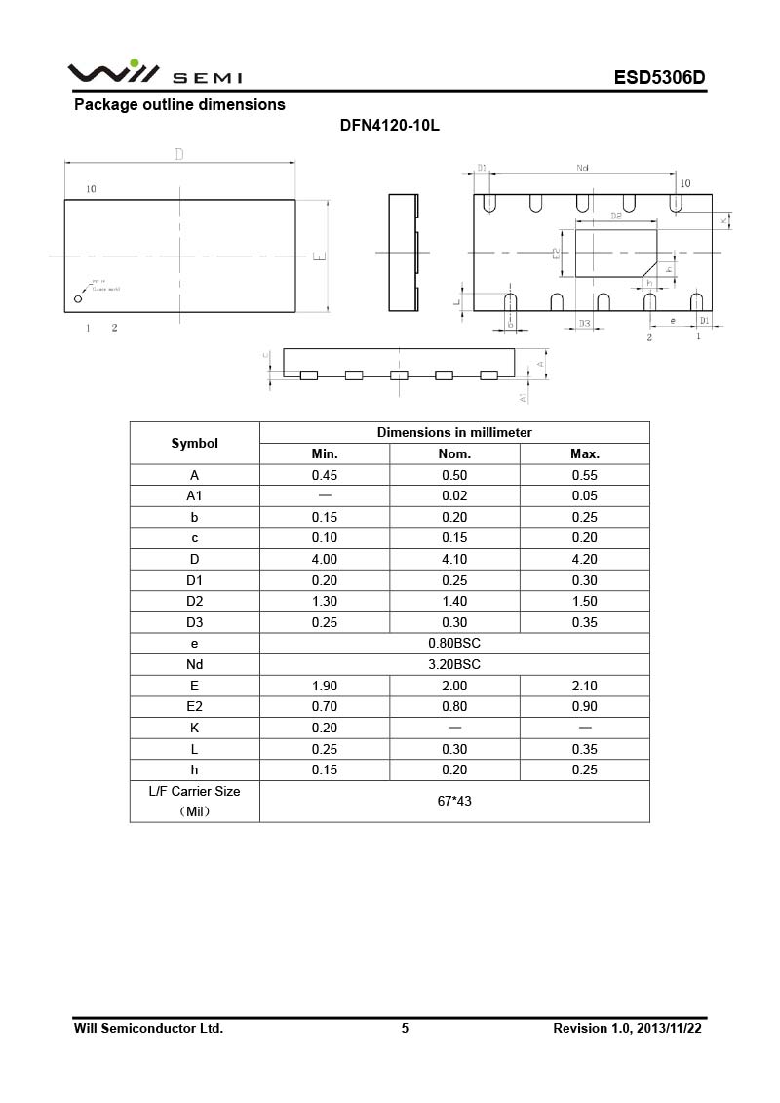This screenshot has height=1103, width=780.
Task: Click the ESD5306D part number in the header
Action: point(658,78)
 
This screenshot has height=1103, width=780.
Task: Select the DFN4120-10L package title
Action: point(390,127)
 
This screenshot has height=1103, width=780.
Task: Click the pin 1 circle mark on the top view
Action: point(78,299)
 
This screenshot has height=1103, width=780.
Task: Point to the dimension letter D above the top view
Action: point(178,154)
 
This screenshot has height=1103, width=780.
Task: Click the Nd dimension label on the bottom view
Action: point(582,169)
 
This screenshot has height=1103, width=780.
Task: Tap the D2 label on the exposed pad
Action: point(615,216)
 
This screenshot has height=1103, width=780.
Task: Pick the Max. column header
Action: point(584,453)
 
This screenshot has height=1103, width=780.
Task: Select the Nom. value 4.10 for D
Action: point(454,559)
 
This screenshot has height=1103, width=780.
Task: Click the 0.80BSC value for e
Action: point(454,644)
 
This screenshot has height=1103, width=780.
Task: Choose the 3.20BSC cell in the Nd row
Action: point(454,664)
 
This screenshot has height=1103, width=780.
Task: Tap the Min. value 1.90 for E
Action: point(325,686)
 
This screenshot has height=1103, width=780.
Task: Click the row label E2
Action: point(194,707)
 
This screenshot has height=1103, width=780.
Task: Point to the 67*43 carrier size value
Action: point(454,801)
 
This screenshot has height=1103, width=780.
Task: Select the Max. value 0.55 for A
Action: point(584,475)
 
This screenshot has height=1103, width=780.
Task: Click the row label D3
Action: point(194,622)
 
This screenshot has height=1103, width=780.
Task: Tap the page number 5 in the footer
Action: point(405,1028)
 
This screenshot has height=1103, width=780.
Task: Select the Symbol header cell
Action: point(194,443)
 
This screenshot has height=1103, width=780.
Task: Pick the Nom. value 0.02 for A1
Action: point(454,496)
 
